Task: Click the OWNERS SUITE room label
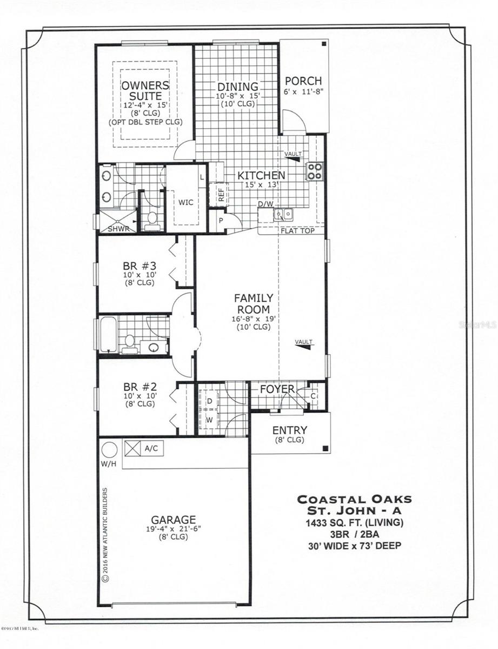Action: (x=145, y=91)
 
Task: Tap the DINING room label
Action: (x=238, y=87)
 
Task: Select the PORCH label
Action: (x=303, y=81)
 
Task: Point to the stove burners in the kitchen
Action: (x=315, y=171)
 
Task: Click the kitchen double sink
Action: (x=283, y=215)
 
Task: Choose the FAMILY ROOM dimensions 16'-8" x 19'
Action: (x=254, y=319)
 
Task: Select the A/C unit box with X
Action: (x=132, y=448)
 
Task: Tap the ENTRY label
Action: (x=289, y=430)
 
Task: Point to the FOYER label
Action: (x=276, y=389)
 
